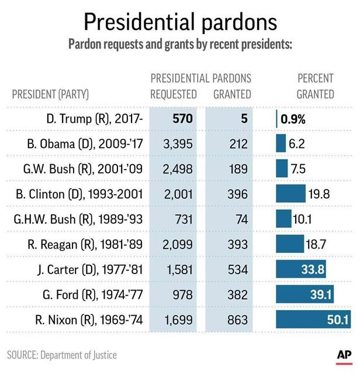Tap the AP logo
click(344, 355)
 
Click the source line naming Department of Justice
click(62, 355)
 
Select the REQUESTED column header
click(174, 94)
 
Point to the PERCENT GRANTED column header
click(315, 86)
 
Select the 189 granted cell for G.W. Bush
click(238, 169)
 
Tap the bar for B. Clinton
click(291, 194)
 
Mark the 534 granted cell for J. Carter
click(238, 270)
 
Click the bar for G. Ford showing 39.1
click(304, 295)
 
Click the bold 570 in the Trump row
click(182, 119)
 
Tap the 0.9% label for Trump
click(293, 119)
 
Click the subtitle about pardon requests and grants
click(179, 45)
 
